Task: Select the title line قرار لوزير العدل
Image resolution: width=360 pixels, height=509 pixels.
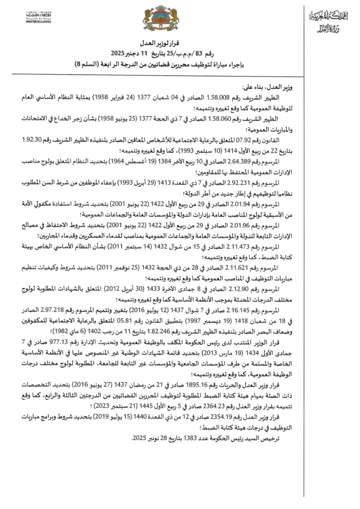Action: coord(180,45)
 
